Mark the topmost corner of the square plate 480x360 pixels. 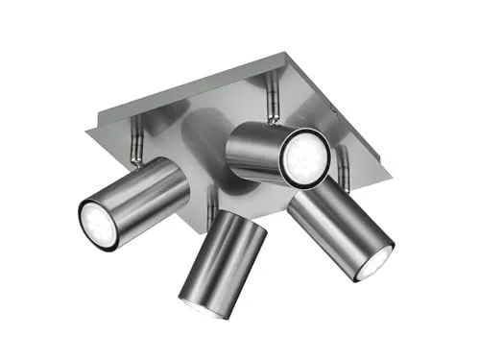point(285,54)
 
